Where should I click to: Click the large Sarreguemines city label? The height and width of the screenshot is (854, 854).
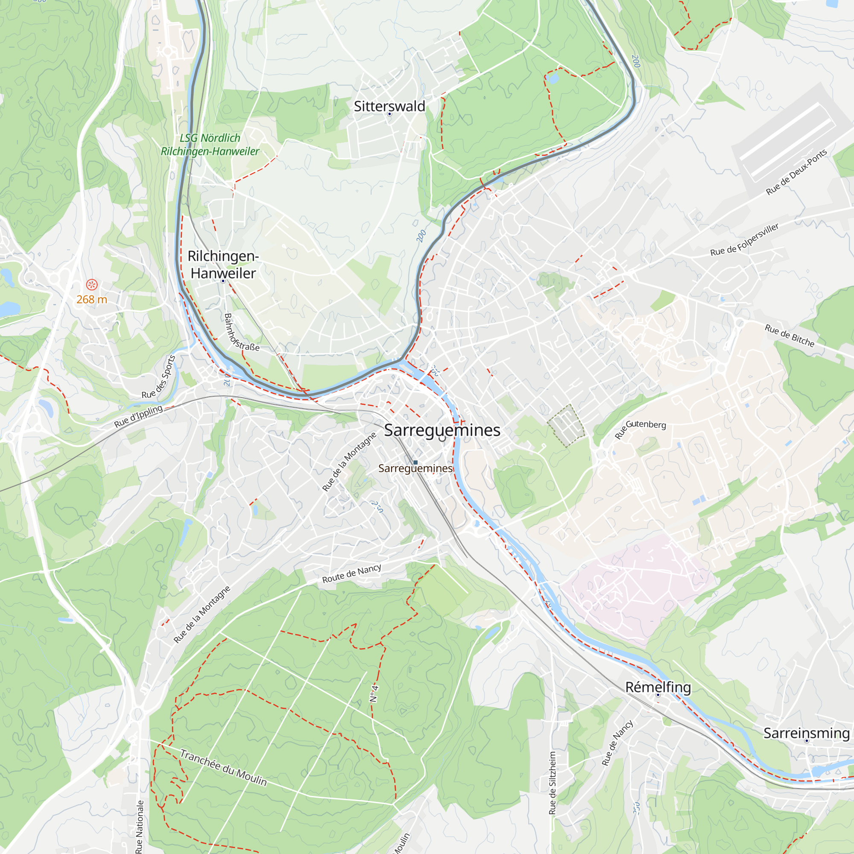pyautogui.click(x=442, y=430)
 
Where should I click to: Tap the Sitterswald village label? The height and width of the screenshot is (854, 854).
pyautogui.click(x=389, y=106)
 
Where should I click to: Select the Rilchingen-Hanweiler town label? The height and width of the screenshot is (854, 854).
pyautogui.click(x=223, y=264)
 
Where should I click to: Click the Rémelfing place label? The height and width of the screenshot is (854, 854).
pyautogui.click(x=658, y=687)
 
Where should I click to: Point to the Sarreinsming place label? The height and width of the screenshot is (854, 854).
pyautogui.click(x=806, y=733)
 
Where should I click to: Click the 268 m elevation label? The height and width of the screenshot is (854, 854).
pyautogui.click(x=91, y=300)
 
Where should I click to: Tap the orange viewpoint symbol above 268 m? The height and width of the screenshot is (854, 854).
pyautogui.click(x=91, y=284)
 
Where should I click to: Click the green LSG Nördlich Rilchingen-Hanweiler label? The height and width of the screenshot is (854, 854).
pyautogui.click(x=210, y=145)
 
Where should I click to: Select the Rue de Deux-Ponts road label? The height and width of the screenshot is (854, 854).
pyautogui.click(x=796, y=172)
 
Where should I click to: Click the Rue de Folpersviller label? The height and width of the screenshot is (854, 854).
pyautogui.click(x=744, y=240)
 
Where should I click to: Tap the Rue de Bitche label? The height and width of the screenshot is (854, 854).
pyautogui.click(x=790, y=336)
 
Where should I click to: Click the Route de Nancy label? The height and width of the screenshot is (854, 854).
pyautogui.click(x=351, y=574)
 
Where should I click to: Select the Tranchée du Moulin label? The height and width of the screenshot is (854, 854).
pyautogui.click(x=223, y=768)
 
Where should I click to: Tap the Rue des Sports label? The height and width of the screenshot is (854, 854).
pyautogui.click(x=159, y=377)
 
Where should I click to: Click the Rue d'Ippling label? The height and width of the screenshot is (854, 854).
pyautogui.click(x=138, y=416)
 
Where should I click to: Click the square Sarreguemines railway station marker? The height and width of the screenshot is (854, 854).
pyautogui.click(x=415, y=462)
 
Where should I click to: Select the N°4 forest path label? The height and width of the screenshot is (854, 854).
pyautogui.click(x=374, y=694)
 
